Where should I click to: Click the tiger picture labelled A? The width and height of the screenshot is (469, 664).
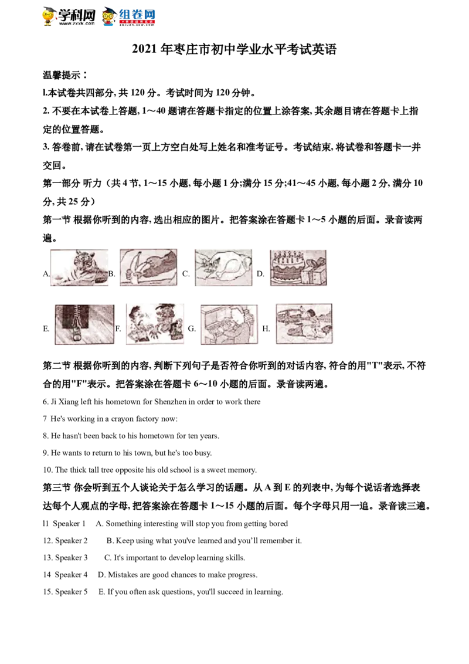[79, 267]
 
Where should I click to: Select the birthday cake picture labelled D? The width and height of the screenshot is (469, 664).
[298, 267]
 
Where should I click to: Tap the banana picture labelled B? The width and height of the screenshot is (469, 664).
[148, 267]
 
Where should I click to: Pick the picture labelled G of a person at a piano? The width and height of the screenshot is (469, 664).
[229, 324]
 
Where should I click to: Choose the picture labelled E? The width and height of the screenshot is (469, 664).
[84, 324]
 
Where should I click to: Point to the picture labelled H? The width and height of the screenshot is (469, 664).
[304, 324]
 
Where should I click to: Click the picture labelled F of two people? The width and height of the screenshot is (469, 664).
[155, 324]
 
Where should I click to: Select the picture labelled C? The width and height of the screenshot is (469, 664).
[223, 267]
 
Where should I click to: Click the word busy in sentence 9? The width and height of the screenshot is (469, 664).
[202, 453]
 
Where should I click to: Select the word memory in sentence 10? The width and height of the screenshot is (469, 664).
[243, 470]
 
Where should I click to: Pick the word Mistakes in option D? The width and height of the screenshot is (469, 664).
[123, 575]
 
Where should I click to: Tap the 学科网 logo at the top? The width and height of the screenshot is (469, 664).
[69, 16]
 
